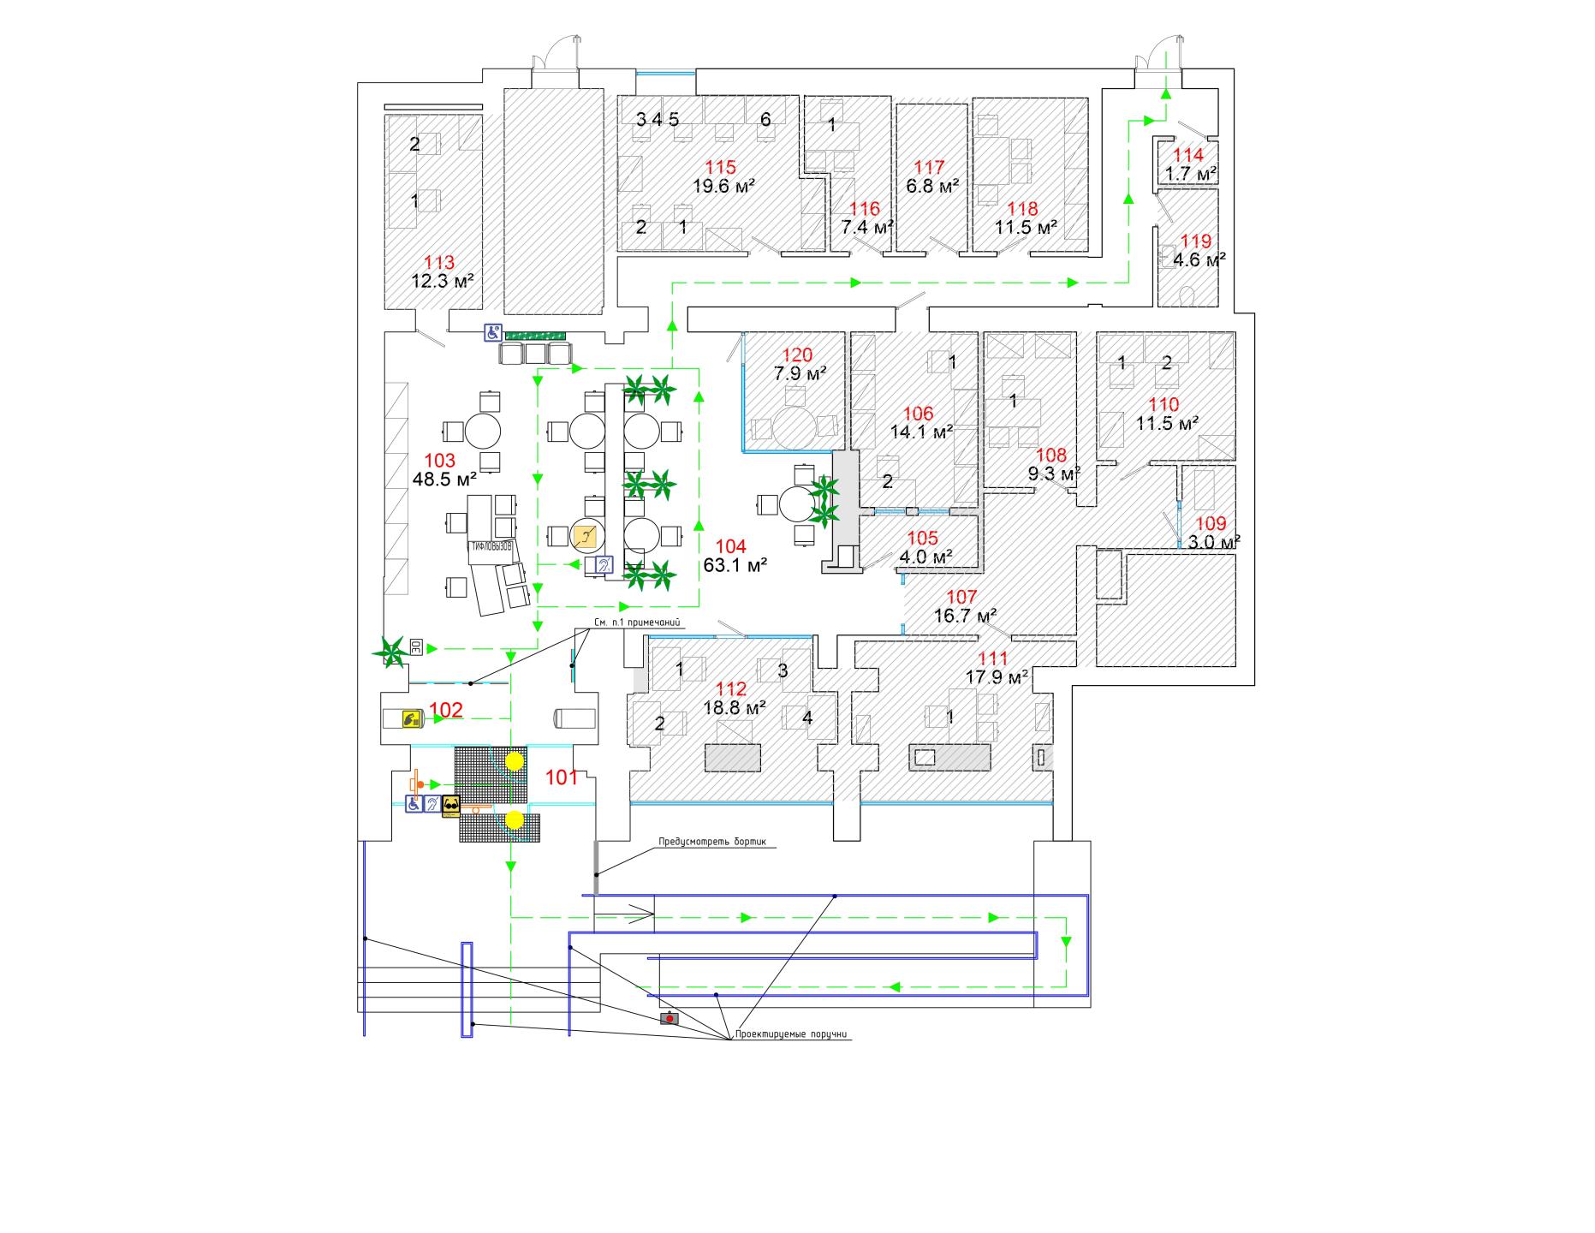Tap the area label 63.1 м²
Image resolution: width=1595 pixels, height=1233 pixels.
(735, 565)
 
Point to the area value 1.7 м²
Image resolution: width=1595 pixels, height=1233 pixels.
(1190, 174)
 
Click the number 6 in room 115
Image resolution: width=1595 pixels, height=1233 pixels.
(765, 120)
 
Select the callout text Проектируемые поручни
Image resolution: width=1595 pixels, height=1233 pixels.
(791, 1034)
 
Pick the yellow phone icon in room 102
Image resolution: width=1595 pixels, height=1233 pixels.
(411, 718)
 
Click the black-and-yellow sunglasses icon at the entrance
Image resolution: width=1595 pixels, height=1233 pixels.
(451, 805)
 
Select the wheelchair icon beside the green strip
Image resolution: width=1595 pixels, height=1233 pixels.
(492, 332)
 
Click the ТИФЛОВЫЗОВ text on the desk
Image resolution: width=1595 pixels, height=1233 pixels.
(490, 545)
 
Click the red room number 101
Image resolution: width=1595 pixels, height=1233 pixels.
(562, 777)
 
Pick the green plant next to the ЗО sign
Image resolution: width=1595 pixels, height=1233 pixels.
(390, 652)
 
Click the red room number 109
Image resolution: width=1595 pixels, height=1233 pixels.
(1211, 524)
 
